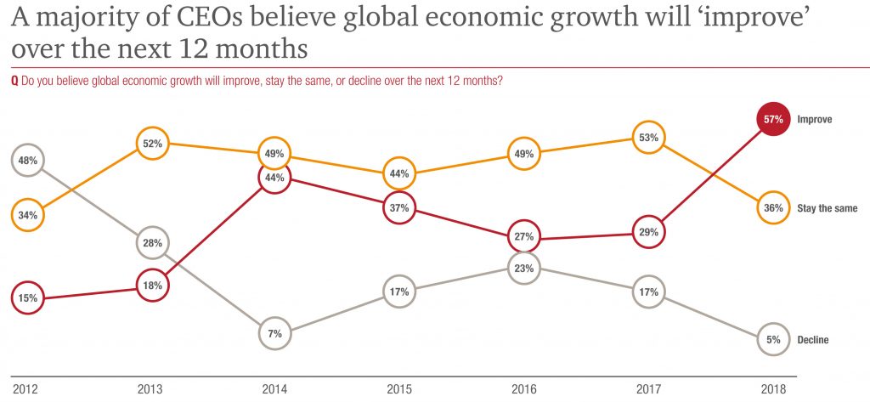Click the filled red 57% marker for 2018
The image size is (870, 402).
772,120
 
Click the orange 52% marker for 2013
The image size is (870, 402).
153,144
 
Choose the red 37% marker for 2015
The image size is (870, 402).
400,207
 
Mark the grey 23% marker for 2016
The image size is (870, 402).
523,269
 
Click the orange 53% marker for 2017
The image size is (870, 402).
647,137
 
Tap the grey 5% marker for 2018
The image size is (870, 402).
772,340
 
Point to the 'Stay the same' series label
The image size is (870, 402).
827,208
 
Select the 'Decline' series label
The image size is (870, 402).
812,340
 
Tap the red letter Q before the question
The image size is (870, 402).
14,81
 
